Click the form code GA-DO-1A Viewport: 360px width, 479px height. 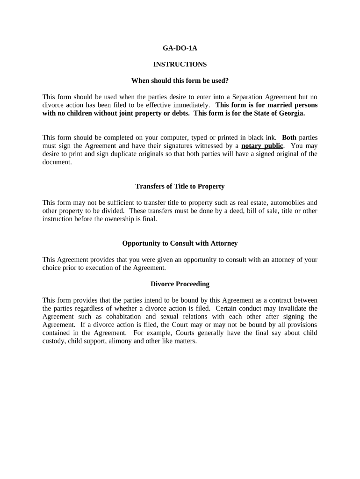coord(180,48)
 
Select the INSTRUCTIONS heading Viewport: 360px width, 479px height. coord(180,64)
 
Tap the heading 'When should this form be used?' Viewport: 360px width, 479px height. coord(180,80)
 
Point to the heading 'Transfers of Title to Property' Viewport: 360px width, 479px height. coord(180,186)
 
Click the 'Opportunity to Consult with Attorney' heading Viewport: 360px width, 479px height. coord(180,243)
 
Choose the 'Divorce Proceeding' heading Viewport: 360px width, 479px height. coord(180,284)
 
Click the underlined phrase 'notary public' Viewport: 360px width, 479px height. coord(262,145)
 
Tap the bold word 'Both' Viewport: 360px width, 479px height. coord(289,138)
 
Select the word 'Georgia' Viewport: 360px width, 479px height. coord(290,113)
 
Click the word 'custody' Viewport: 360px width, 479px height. coord(53,341)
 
